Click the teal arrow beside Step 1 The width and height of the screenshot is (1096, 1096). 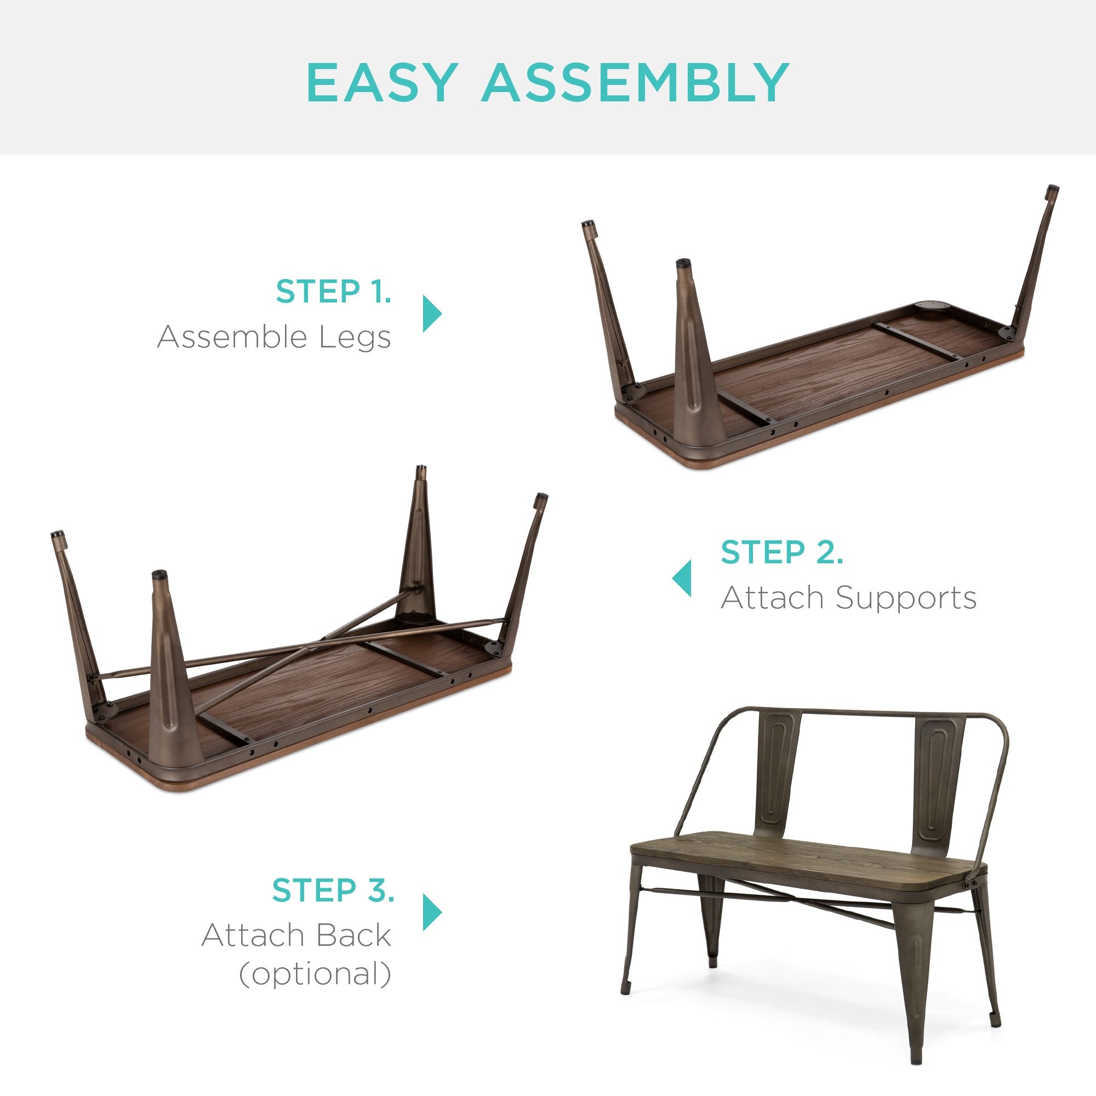[x=432, y=313]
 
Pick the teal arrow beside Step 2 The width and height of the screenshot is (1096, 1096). [x=682, y=579]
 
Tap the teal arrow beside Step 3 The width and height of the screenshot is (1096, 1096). [x=432, y=912]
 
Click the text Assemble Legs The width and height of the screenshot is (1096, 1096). [x=274, y=337]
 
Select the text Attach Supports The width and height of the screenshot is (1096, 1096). [x=849, y=598]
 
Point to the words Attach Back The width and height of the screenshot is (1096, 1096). [x=296, y=935]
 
